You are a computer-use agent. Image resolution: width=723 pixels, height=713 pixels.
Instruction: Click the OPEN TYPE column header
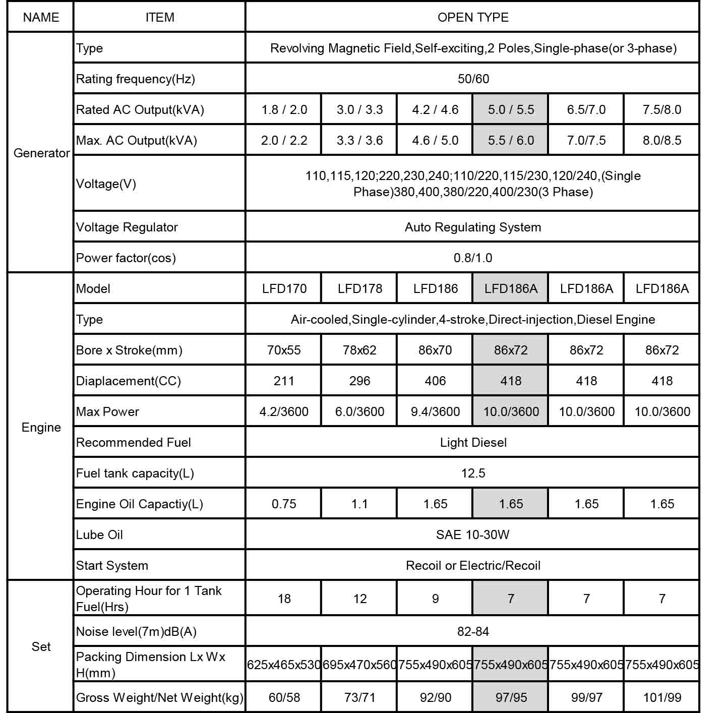click(x=472, y=18)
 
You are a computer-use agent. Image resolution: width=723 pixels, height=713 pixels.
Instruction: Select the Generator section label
click(x=41, y=153)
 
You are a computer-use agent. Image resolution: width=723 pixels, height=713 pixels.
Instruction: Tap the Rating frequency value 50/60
click(x=473, y=79)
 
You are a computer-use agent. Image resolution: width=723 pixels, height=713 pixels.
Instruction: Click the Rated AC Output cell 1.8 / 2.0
click(x=284, y=109)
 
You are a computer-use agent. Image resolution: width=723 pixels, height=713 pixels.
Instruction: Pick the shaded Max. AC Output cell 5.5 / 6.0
click(x=510, y=140)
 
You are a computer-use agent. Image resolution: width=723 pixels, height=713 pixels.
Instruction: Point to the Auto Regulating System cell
click(x=472, y=227)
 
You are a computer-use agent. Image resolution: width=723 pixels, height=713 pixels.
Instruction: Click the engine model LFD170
click(x=284, y=288)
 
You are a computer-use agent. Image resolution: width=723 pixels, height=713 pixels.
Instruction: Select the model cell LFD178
click(x=359, y=288)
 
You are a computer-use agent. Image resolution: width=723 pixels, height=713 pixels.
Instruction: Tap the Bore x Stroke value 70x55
click(x=284, y=350)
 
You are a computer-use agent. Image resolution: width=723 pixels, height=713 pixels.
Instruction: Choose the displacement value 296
click(x=359, y=381)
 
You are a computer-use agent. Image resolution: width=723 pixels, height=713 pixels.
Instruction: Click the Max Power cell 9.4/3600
click(x=435, y=411)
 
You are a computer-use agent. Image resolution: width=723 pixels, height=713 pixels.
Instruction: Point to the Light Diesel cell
click(x=473, y=442)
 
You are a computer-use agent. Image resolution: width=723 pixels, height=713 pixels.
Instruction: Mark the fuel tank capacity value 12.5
click(x=473, y=473)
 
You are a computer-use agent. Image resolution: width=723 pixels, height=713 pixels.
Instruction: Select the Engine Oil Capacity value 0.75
click(x=284, y=504)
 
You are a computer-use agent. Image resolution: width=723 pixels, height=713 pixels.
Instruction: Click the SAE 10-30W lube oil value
click(x=472, y=534)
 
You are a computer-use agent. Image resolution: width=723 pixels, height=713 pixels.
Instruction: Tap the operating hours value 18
click(x=284, y=599)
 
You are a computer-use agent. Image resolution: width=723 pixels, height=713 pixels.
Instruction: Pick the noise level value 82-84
click(x=473, y=631)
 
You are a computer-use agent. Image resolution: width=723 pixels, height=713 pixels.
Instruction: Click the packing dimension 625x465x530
click(x=284, y=665)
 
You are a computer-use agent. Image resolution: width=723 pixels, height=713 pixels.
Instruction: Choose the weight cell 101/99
click(x=662, y=697)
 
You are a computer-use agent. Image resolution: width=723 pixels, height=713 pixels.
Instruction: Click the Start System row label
click(x=112, y=565)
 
